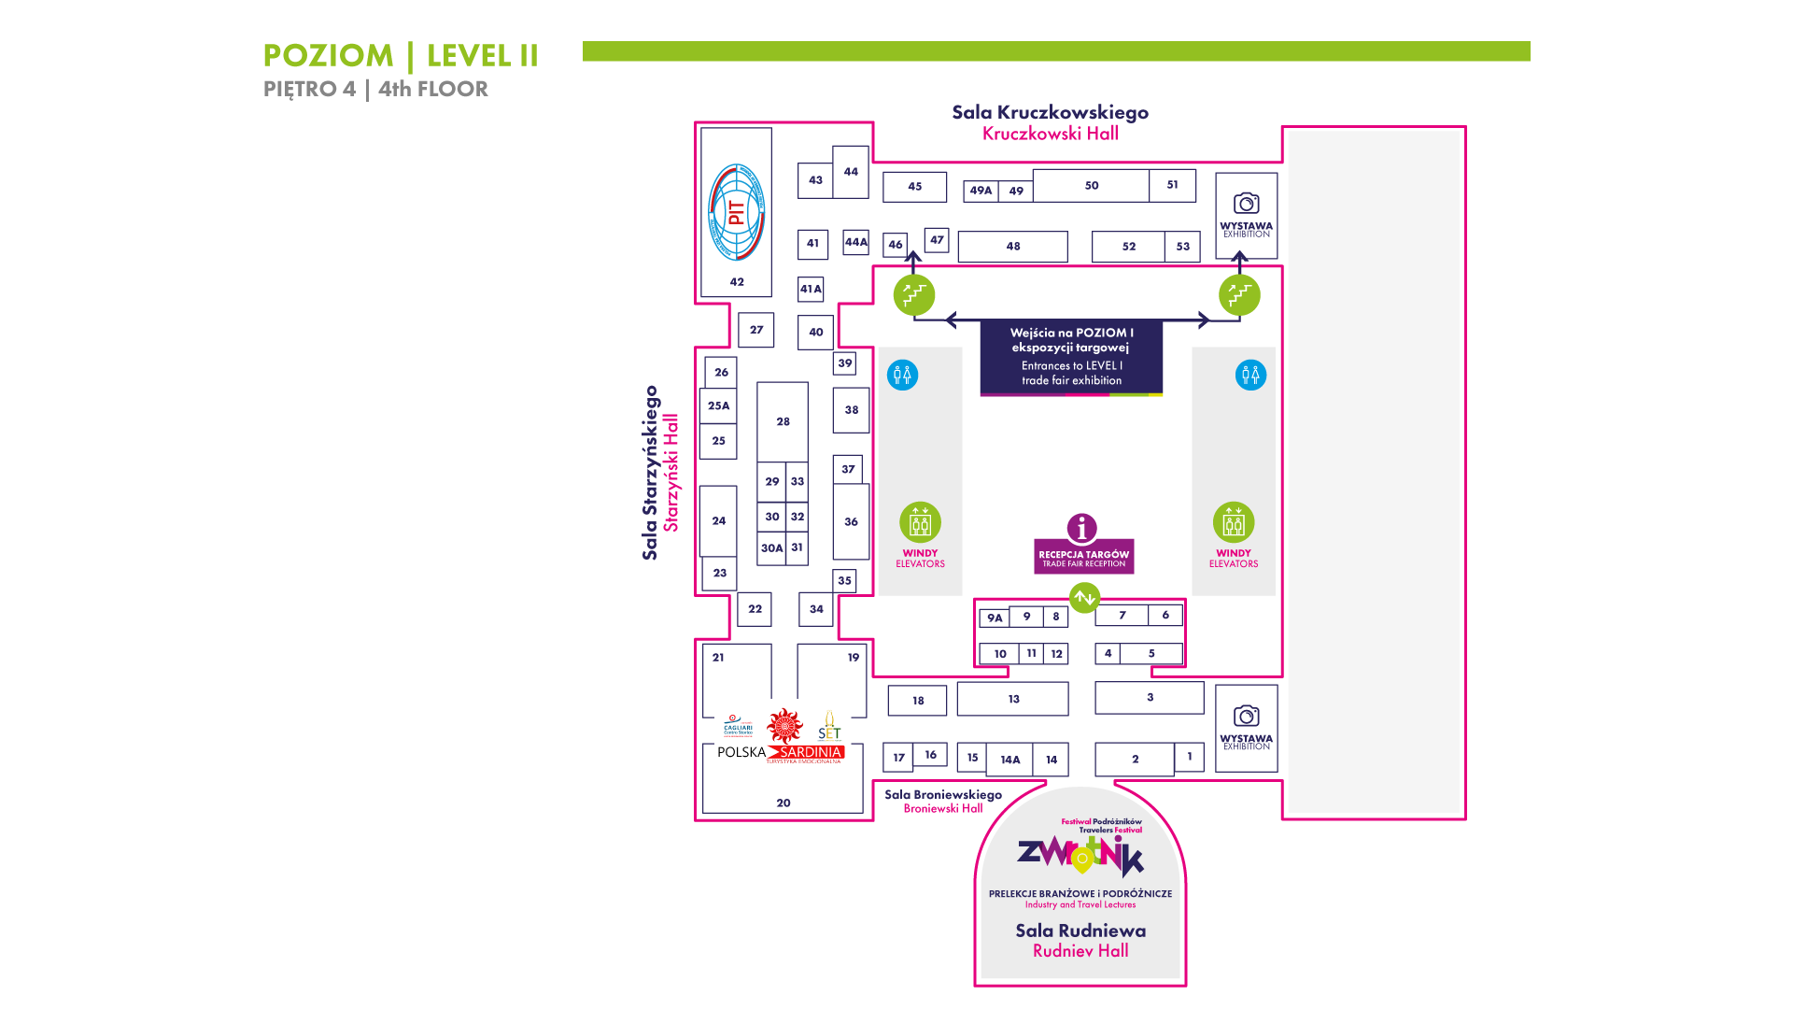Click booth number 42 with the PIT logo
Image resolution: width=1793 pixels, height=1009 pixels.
click(736, 213)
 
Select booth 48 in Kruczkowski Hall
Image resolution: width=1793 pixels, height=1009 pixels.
click(1012, 247)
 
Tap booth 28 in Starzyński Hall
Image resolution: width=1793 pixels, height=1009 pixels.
click(783, 421)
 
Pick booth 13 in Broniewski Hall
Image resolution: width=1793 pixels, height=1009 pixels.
click(1013, 699)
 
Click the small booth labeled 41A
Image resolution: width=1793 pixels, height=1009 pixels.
click(811, 290)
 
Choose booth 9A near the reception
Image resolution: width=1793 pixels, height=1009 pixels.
click(995, 618)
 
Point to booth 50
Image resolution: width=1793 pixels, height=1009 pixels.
click(1091, 186)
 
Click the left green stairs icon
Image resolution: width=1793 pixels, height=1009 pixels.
click(914, 295)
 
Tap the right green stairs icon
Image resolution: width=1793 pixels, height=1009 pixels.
click(1239, 295)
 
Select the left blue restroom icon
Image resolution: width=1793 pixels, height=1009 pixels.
click(902, 376)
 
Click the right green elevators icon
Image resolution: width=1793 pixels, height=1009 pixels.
click(1234, 522)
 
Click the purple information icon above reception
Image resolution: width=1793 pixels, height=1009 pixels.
click(1081, 528)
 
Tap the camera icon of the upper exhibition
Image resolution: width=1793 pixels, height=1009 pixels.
click(1246, 203)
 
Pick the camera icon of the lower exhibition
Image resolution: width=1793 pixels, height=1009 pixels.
click(1246, 716)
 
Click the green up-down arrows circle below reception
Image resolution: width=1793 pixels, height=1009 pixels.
click(1084, 597)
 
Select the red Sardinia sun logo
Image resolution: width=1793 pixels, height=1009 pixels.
click(784, 725)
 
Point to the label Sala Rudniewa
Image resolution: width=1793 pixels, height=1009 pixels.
click(1080, 931)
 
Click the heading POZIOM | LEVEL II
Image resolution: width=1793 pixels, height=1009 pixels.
click(401, 56)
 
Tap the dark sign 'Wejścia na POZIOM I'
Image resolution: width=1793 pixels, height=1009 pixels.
click(1071, 356)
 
